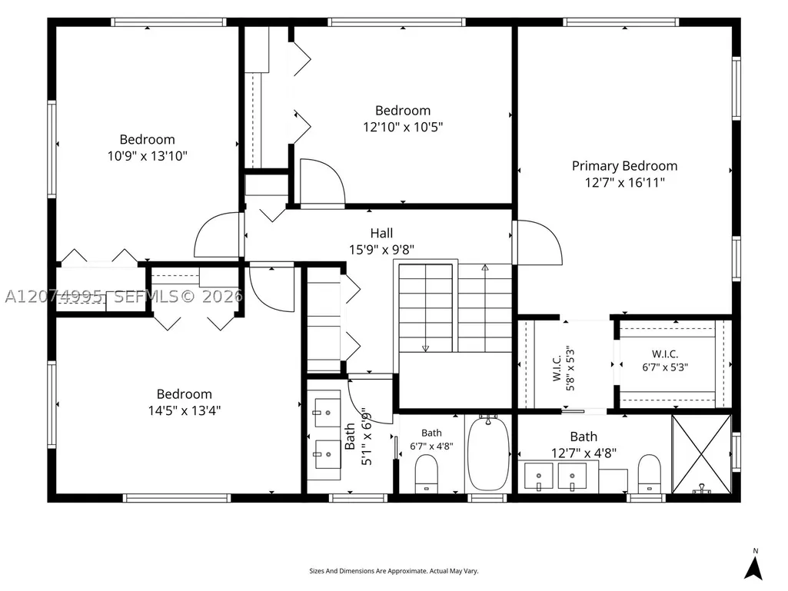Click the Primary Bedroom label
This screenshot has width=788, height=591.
click(x=624, y=166)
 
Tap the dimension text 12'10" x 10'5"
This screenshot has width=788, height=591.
click(x=403, y=127)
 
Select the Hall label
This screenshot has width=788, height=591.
click(x=381, y=233)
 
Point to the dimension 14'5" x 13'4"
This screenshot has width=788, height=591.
click(x=185, y=410)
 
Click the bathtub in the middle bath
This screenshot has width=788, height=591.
click(x=488, y=453)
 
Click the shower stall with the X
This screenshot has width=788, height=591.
click(x=702, y=454)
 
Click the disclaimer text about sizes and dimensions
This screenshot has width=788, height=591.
click(x=394, y=571)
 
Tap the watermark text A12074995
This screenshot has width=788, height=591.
click(x=54, y=297)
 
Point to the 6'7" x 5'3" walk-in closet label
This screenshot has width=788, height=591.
click(x=665, y=361)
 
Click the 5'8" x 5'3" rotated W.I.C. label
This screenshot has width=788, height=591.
click(x=564, y=368)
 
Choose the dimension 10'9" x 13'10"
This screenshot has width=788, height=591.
click(x=148, y=156)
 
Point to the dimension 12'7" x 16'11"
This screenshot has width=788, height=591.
click(x=625, y=182)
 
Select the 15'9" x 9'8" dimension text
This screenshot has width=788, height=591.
click(x=382, y=250)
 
